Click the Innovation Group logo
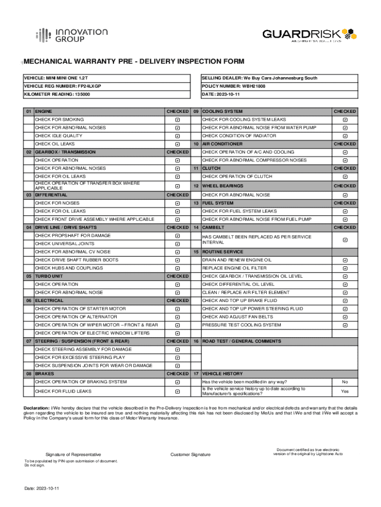click(x=71, y=35)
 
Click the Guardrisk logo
click(x=309, y=35)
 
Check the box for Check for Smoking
click(x=177, y=120)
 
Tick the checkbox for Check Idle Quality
click(x=177, y=136)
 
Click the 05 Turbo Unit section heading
click(x=49, y=276)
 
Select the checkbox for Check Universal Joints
click(x=177, y=244)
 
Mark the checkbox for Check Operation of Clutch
click(x=345, y=177)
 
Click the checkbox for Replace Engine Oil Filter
click(x=345, y=268)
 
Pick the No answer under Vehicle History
click(x=345, y=382)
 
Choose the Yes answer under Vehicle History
click(x=345, y=391)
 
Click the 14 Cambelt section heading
click(x=213, y=228)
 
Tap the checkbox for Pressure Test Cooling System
click(x=345, y=325)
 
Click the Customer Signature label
click(x=190, y=455)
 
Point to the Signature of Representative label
click(x=73, y=455)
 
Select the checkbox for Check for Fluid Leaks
click(x=177, y=392)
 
